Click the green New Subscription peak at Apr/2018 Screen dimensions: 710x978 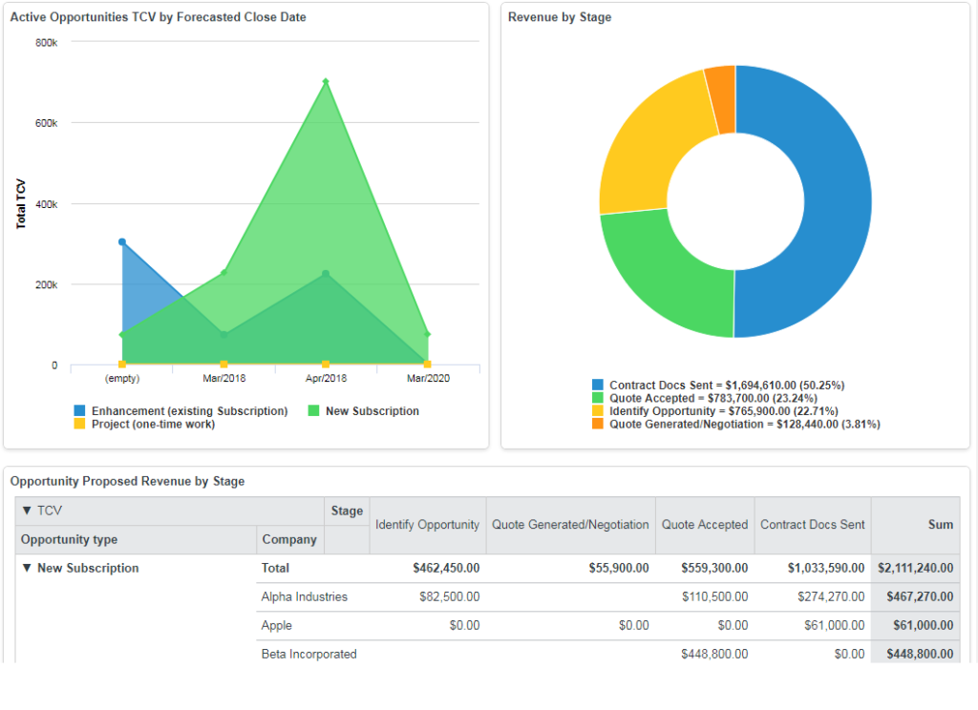326,82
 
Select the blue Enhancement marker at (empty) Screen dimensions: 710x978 122,242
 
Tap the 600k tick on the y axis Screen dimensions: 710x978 48,124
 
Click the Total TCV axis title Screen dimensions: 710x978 21,204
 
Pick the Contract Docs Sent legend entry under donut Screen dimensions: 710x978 718,386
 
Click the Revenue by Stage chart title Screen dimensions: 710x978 560,17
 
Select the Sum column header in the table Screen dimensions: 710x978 941,525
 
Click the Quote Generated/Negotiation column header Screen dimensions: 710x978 570,525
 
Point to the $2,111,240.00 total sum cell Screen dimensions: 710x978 915,568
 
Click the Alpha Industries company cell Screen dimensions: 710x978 305,596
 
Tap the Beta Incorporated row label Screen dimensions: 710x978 308,654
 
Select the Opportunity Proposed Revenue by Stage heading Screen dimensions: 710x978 127,482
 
